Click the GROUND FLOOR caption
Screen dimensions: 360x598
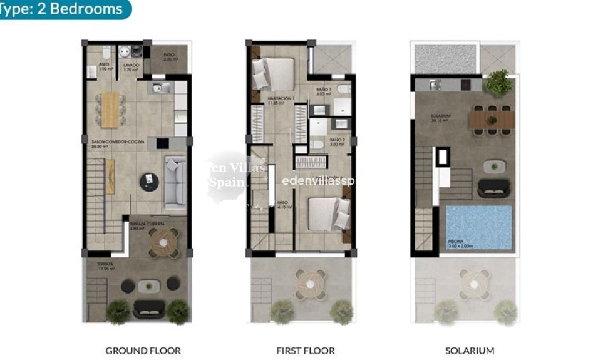[143, 351]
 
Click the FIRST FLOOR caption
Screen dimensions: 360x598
[305, 351]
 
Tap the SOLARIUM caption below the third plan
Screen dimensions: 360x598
[470, 351]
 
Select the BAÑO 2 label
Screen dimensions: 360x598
[337, 141]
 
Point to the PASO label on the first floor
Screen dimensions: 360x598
[282, 203]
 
